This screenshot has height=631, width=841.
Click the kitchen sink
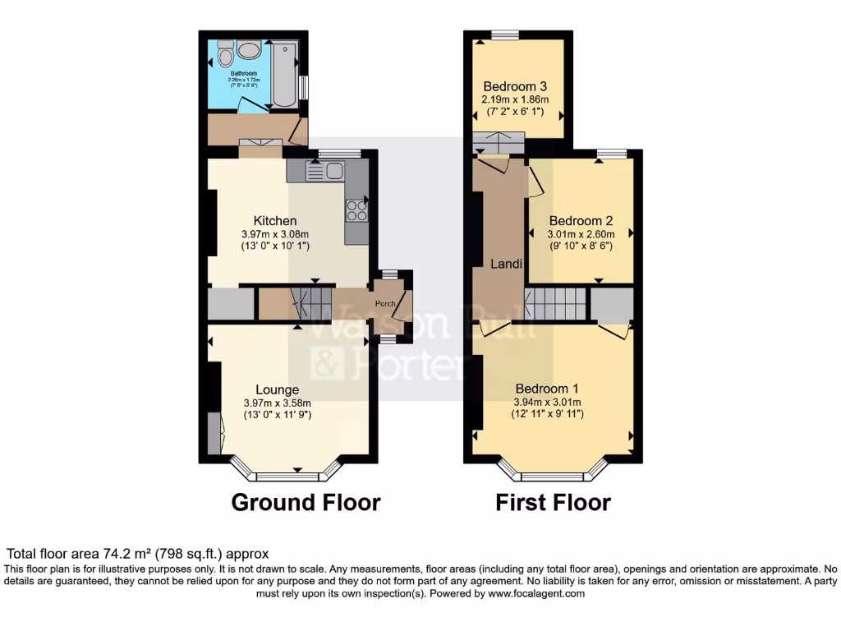coord(326,171)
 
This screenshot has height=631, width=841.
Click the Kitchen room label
coord(275,221)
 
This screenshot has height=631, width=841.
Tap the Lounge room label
coord(277,389)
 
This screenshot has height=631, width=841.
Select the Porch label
coord(385,304)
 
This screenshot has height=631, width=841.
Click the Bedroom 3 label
coord(515,86)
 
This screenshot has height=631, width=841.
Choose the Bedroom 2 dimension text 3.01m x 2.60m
coord(581,234)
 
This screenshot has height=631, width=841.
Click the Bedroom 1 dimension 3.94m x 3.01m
coord(547,402)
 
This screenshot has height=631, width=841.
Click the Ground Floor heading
coord(306,502)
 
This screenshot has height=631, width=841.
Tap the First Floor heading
coord(553,502)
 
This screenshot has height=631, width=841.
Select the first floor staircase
coord(556,304)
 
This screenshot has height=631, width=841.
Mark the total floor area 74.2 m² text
coord(137,555)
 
